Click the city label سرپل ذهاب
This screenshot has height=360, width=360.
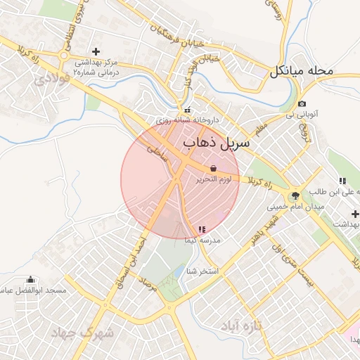click(216, 143)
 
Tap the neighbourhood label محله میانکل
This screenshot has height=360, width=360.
click(308, 71)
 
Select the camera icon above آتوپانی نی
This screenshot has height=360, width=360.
click(302, 103)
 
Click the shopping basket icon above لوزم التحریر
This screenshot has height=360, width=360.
click(213, 168)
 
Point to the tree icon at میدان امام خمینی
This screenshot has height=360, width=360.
click(295, 195)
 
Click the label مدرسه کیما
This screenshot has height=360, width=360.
click(202, 240)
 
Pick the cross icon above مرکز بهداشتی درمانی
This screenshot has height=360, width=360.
click(96, 51)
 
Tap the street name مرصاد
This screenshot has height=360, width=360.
click(147, 283)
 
